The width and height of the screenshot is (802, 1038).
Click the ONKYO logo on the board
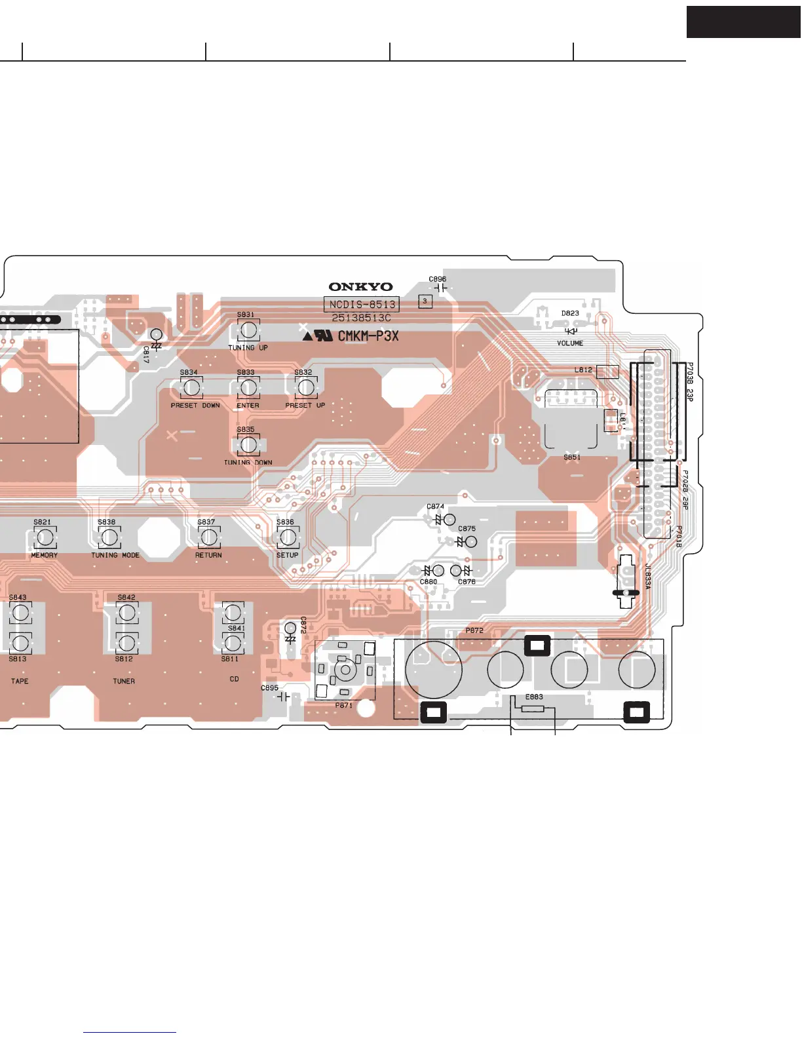click(x=360, y=286)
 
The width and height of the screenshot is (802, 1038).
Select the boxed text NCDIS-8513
click(x=362, y=304)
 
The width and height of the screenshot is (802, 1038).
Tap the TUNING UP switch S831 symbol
click(x=248, y=330)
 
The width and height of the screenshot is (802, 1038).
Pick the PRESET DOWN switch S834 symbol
click(x=191, y=388)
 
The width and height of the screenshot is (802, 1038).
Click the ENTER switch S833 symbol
click(x=248, y=388)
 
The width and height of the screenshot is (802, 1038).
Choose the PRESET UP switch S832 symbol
click(x=305, y=388)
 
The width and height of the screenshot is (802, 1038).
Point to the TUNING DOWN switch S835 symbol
click(x=248, y=445)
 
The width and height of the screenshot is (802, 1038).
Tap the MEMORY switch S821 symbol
click(x=45, y=538)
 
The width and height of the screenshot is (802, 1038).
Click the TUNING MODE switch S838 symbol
click(x=109, y=538)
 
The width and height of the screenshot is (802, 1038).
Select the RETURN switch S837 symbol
click(x=208, y=538)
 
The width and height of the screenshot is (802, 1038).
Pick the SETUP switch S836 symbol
click(x=288, y=538)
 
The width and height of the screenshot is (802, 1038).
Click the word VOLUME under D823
click(x=570, y=343)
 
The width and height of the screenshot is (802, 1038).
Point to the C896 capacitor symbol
click(x=438, y=288)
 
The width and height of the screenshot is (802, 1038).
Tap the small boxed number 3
click(x=425, y=301)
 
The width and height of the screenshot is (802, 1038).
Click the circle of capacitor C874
click(x=449, y=520)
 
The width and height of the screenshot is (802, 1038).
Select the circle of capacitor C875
click(x=470, y=542)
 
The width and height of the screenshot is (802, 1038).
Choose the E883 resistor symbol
click(x=533, y=708)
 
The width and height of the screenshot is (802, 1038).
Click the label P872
click(x=474, y=630)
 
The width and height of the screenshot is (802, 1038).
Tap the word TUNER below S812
click(x=124, y=682)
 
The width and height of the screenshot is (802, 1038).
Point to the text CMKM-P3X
click(x=368, y=336)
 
